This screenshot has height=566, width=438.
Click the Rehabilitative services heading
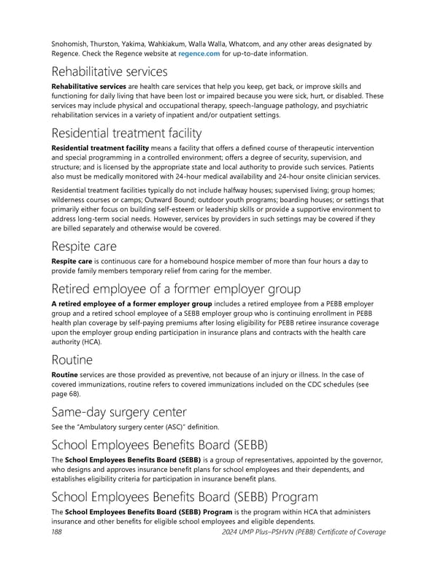click(109, 71)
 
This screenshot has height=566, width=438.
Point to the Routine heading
click(72, 360)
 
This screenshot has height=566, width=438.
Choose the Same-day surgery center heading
click(118, 412)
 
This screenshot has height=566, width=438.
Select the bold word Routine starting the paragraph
click(66, 373)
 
